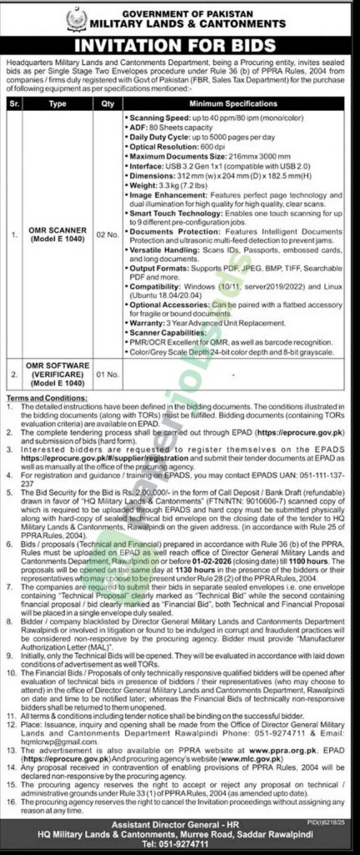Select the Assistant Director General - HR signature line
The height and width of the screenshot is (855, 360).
(180, 827)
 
